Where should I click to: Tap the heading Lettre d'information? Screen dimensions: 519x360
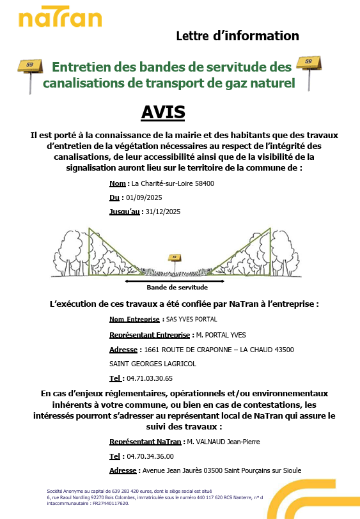(x=237, y=36)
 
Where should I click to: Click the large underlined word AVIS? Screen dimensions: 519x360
(x=163, y=112)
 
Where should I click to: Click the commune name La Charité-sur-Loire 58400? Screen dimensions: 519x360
(x=173, y=183)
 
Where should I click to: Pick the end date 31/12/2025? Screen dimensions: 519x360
(x=164, y=212)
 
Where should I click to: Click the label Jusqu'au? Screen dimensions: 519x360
(x=124, y=212)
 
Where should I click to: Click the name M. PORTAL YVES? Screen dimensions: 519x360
(x=221, y=334)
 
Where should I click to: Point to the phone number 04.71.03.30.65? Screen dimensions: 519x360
(x=150, y=378)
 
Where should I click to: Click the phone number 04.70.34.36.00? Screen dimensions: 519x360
(x=150, y=456)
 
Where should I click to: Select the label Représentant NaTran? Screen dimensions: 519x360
(x=145, y=442)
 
